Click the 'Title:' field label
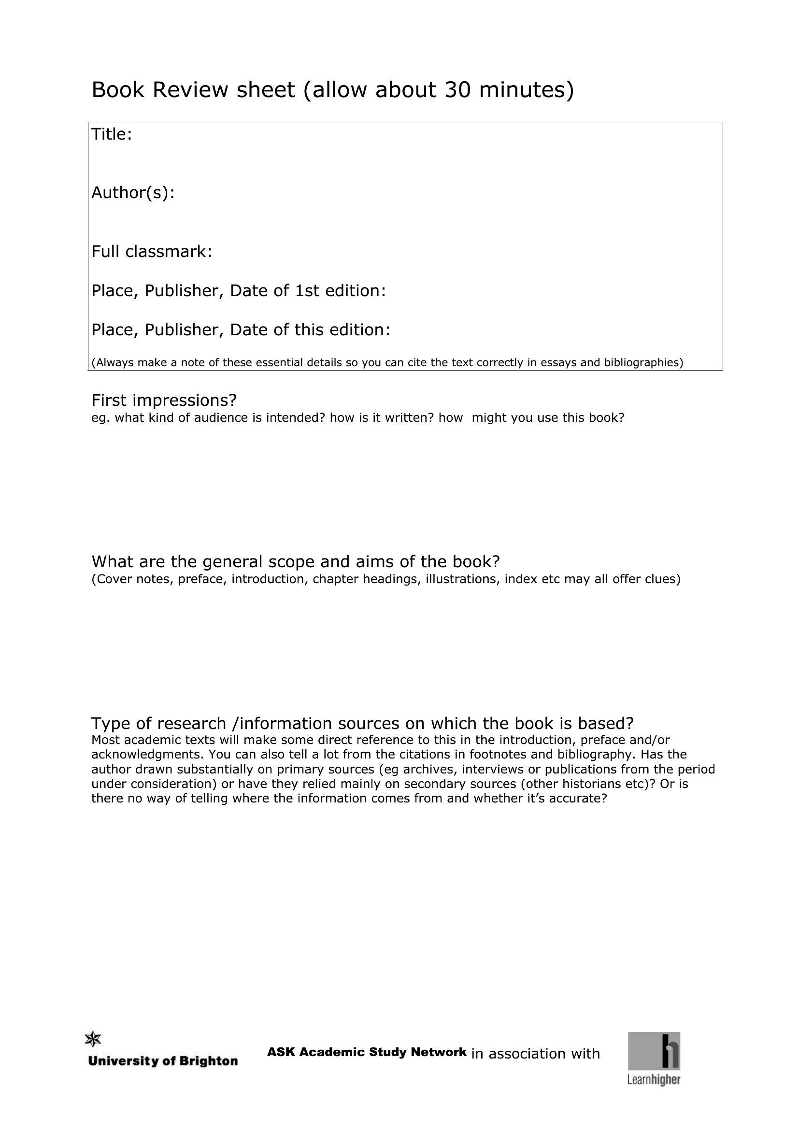pos(112,134)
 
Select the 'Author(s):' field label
pos(133,193)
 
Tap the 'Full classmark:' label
pos(152,252)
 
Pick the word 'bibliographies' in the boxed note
pos(642,363)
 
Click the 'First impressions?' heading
pos(164,400)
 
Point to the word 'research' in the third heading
pos(191,724)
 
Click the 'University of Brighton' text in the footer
pos(163,1061)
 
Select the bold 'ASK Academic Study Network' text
pos(367,1052)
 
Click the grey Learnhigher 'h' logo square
pos(654,1051)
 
